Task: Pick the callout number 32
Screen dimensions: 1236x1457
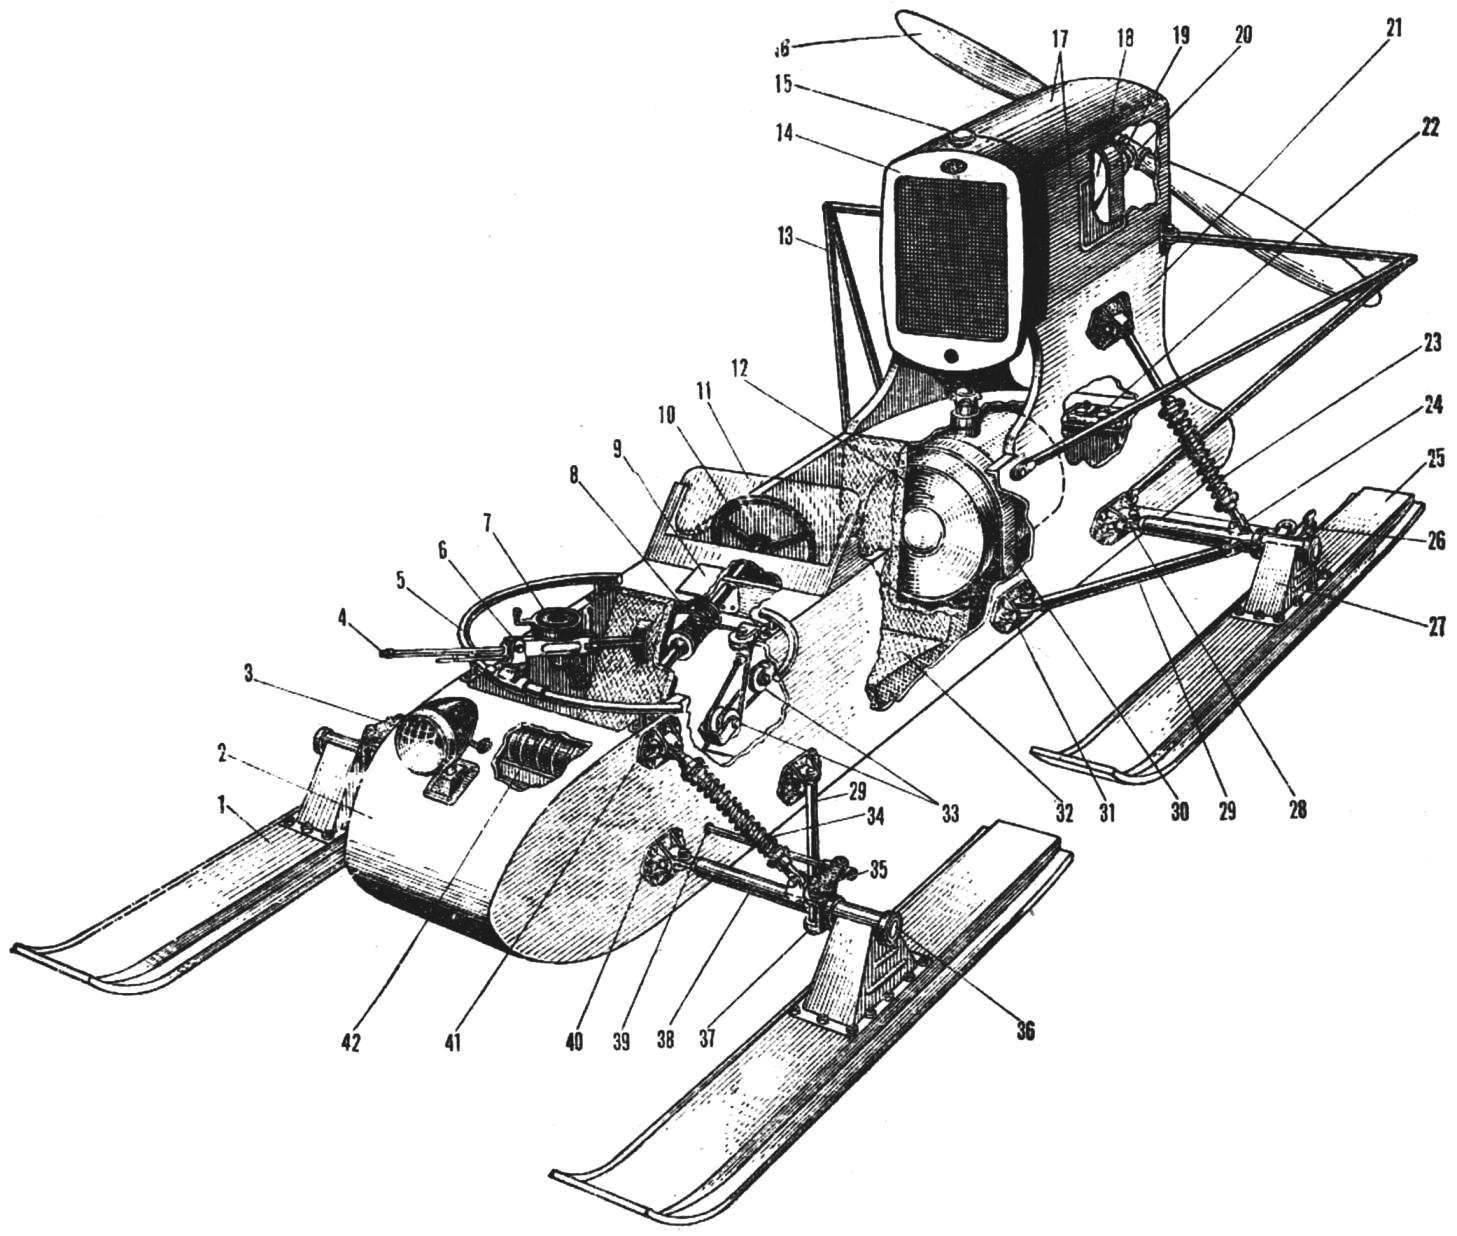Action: click(x=1062, y=812)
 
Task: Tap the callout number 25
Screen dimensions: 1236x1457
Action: click(x=1436, y=461)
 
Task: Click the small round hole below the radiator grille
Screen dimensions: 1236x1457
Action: click(x=951, y=356)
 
